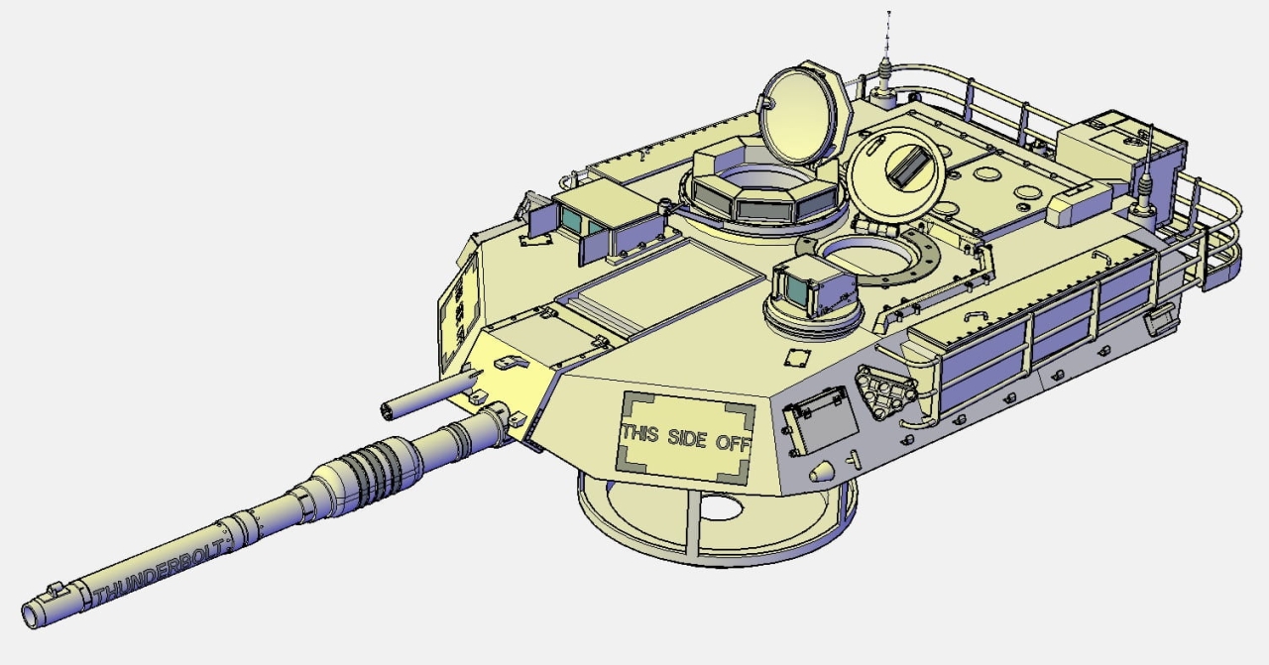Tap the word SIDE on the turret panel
pos(687,438)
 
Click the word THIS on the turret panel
pos(640,432)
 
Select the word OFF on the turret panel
pos(733,443)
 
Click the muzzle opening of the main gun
pos(30,614)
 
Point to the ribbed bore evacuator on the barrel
pos(368,470)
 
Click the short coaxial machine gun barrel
pos(430,392)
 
